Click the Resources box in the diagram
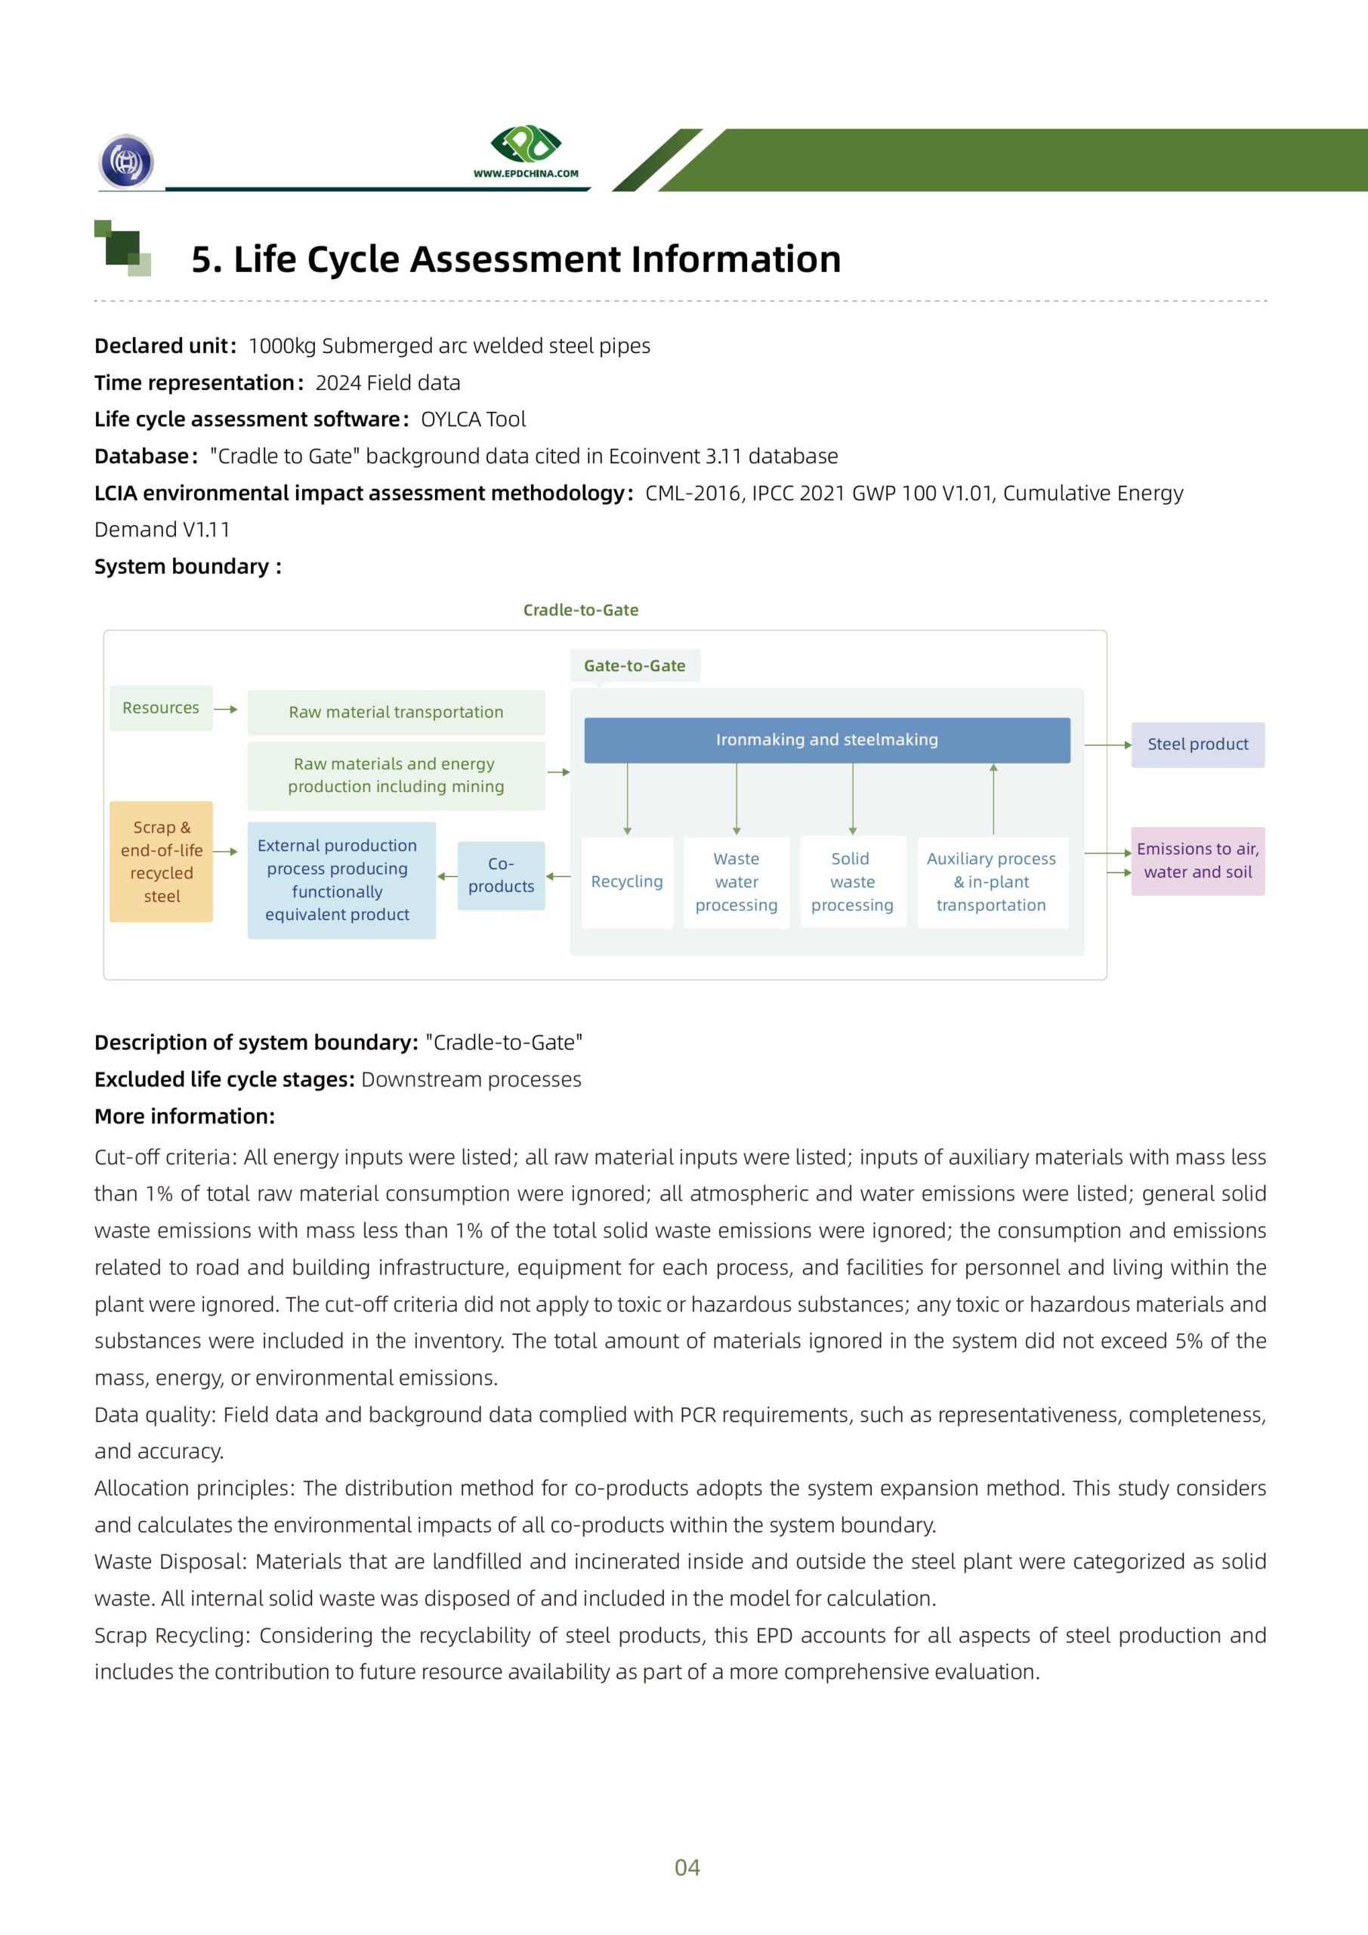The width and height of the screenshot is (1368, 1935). [x=161, y=708]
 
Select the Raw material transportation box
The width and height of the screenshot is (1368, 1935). [x=396, y=712]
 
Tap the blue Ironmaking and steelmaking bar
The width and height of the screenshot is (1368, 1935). [x=826, y=740]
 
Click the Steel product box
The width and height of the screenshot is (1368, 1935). [x=1197, y=745]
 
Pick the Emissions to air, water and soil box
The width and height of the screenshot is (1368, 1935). [x=1197, y=860]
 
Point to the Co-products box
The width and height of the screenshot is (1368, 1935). [x=502, y=875]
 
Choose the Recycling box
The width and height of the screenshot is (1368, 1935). [x=627, y=881]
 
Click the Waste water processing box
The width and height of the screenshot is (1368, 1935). [x=736, y=881]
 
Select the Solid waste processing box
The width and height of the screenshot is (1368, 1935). [x=853, y=881]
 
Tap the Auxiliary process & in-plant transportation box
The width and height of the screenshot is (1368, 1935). [x=992, y=881]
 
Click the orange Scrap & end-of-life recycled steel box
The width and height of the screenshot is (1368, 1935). [x=161, y=862]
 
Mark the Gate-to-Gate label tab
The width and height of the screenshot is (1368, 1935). [x=635, y=666]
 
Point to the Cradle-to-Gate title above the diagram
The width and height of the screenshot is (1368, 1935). [x=580, y=610]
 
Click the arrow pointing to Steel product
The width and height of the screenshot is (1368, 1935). [x=1107, y=745]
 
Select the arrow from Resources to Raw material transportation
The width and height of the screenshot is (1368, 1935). [x=226, y=710]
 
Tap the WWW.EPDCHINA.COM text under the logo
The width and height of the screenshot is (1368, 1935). [x=526, y=174]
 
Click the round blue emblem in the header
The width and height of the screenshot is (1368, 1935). [x=126, y=161]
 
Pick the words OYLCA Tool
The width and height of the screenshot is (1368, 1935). [x=473, y=420]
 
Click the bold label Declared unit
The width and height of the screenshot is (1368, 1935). [x=161, y=346]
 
